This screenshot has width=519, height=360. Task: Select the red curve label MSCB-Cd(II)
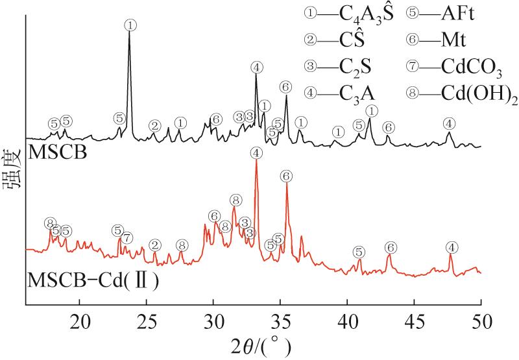click(93, 280)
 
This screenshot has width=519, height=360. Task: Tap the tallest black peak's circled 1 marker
click(130, 25)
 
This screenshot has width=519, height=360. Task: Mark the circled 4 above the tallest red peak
click(257, 153)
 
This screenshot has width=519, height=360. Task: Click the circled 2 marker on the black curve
click(154, 125)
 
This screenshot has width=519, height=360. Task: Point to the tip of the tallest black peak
click(130, 32)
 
